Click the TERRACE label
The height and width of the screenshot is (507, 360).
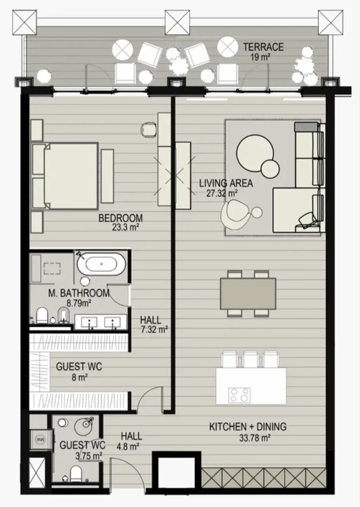pos(263,47)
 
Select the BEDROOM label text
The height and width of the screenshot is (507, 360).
pos(121,218)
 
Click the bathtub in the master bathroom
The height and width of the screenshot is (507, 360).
pos(101,264)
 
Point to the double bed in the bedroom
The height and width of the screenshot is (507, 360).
pos(65,176)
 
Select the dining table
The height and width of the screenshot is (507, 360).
pos(248,293)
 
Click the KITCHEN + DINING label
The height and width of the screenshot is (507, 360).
pos(248,426)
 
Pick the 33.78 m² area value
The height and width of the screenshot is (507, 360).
pos(255,438)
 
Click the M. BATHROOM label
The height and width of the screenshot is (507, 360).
pos(79,293)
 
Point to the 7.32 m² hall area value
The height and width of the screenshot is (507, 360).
pos(154,330)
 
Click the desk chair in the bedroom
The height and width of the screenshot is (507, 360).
pos(149,130)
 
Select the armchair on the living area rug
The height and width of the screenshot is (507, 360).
pos(235,215)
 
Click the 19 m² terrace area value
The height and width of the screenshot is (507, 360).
pos(260,58)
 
